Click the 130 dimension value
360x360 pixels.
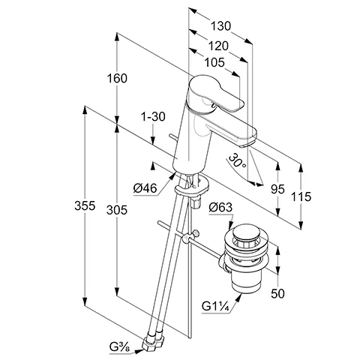click(x=220, y=26)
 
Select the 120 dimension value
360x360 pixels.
click(x=218, y=46)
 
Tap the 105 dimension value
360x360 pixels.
click(x=214, y=62)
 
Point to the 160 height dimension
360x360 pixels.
click(x=117, y=78)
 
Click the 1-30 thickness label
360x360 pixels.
click(x=153, y=116)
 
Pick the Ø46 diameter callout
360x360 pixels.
click(x=145, y=188)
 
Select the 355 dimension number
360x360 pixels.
click(x=85, y=205)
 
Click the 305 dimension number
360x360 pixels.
click(x=117, y=210)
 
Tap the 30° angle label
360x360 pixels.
click(x=238, y=161)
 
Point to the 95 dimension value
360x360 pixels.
click(x=277, y=189)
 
